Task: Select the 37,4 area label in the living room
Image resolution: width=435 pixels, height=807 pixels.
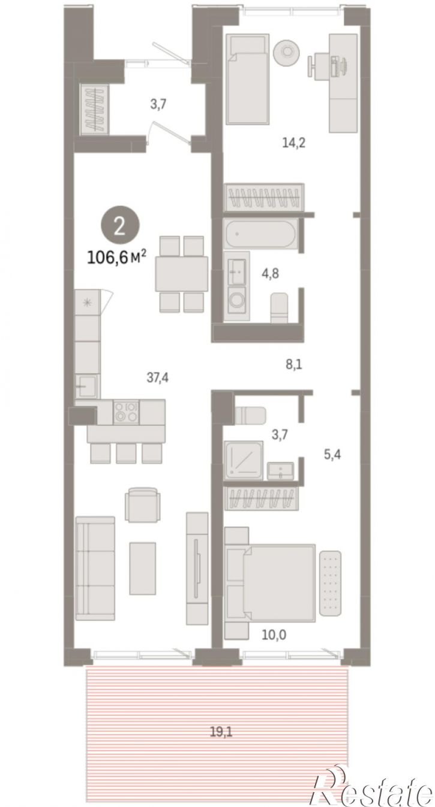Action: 158,377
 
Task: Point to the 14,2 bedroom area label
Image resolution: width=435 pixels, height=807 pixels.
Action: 293,143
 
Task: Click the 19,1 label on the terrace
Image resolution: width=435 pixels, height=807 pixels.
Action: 221,732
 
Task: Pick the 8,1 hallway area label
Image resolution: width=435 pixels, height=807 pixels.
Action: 294,365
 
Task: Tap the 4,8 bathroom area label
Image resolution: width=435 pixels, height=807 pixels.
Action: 270,274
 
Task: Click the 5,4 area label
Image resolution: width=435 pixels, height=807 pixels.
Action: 332,454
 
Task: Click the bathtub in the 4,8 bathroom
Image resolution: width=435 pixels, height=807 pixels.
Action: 260,234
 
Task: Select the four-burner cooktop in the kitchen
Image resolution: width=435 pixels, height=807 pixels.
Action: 126,412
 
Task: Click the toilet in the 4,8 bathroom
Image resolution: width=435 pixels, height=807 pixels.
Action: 279,308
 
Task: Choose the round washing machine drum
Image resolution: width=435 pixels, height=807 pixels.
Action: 237,300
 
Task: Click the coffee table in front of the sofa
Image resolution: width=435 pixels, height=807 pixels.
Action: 142,568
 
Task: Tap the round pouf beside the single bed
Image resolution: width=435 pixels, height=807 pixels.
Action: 286,52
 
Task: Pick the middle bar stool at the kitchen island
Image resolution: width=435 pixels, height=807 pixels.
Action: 126,453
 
